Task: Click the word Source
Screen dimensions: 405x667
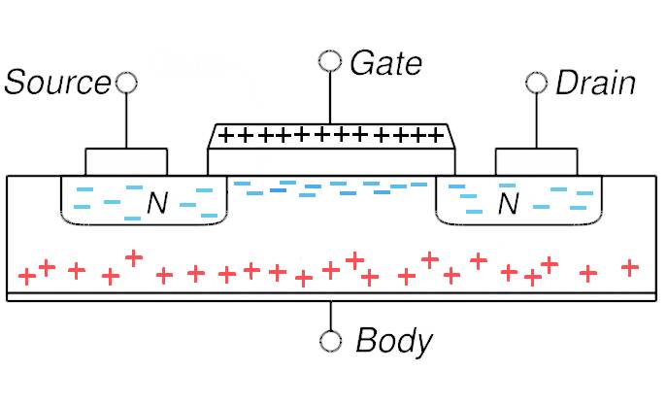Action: [56, 83]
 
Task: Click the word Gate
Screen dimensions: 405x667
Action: [385, 64]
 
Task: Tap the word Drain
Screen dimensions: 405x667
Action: [595, 83]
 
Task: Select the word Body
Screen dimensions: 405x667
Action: [393, 341]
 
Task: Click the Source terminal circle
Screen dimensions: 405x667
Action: [125, 82]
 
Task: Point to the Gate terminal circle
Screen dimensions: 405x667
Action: [330, 63]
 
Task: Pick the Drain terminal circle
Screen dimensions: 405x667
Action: [536, 82]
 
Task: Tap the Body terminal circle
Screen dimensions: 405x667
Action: [330, 341]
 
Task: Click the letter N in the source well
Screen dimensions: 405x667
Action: [157, 204]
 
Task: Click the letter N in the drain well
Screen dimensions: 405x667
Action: [508, 204]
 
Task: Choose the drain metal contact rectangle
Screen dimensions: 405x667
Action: [536, 162]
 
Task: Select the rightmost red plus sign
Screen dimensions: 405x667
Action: [630, 267]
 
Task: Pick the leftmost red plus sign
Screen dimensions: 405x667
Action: [27, 276]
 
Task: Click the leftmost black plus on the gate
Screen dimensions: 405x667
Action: [225, 135]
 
